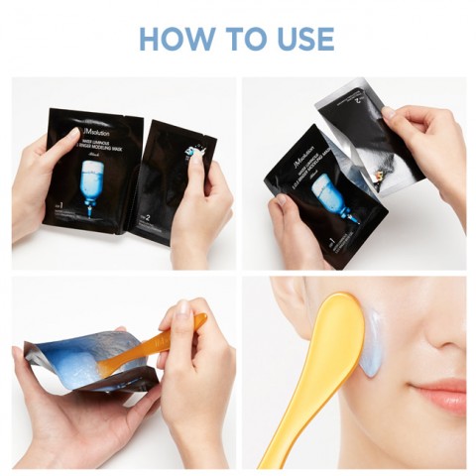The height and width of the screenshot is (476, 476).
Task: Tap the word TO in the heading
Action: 243,39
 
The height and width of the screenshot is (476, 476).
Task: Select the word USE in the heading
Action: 301,39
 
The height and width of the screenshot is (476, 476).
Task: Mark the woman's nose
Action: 451,342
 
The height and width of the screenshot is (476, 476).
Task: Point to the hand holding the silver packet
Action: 426,149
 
